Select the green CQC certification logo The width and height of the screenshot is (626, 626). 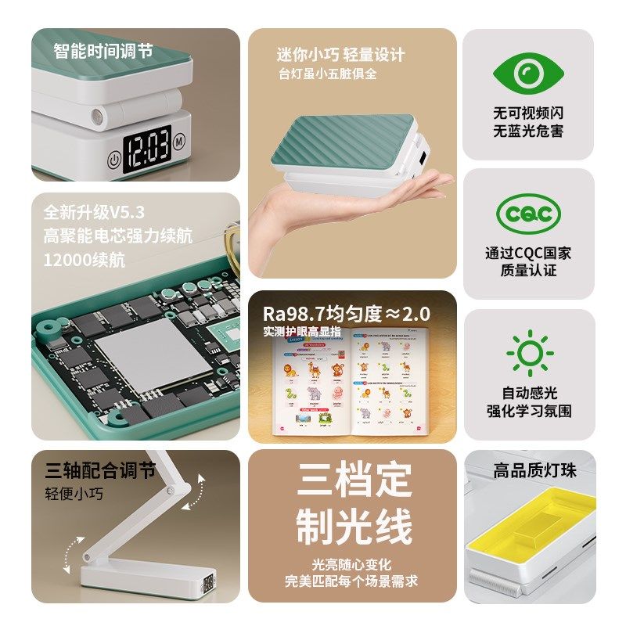(528, 214)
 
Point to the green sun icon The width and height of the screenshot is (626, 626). (528, 354)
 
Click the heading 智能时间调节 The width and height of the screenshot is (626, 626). (103, 52)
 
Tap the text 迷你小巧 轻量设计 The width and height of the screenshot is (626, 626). (340, 55)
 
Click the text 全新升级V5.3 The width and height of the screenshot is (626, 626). (95, 213)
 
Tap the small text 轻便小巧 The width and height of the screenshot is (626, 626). (74, 494)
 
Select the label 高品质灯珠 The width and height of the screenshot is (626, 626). (534, 471)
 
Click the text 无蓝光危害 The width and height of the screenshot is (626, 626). (528, 131)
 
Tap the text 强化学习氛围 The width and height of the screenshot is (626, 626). (528, 410)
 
